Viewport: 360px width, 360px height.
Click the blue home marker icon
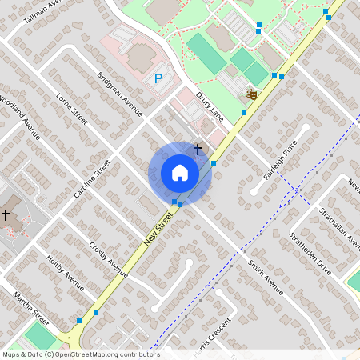(x=180, y=173)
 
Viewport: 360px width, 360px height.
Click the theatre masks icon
(x=251, y=94)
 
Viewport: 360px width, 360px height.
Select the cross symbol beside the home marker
(x=198, y=149)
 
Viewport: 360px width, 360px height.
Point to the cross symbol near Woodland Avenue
(x=6, y=214)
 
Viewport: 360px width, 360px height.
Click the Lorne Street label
(x=71, y=109)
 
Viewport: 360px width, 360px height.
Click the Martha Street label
(x=31, y=310)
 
